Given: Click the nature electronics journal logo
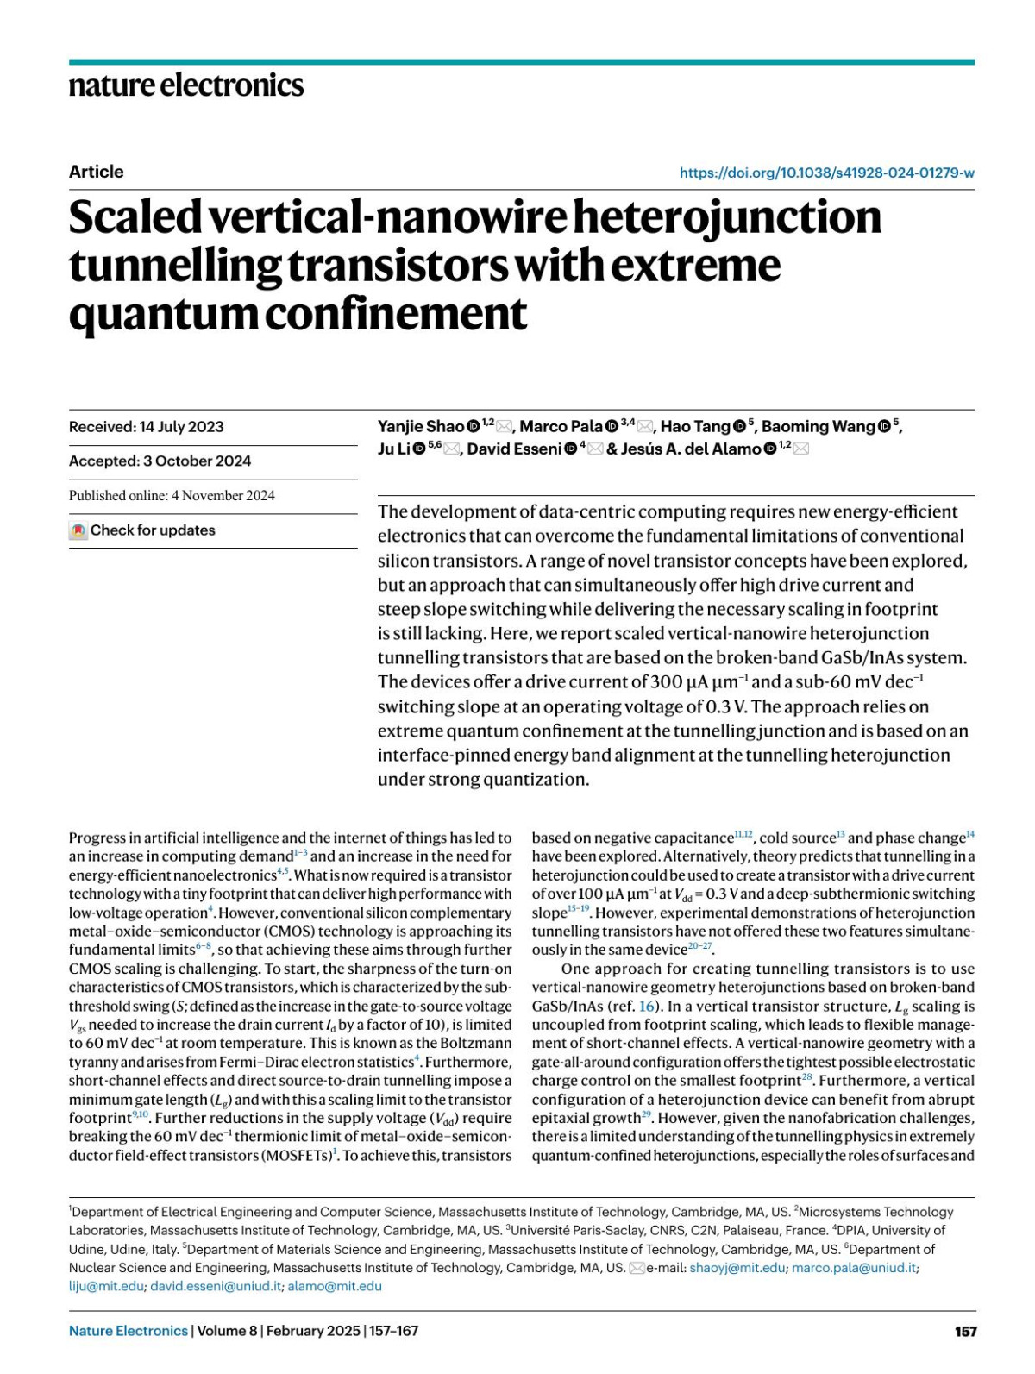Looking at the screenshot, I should [x=185, y=85].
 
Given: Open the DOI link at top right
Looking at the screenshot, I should [x=826, y=173].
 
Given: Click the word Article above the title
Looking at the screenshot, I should [x=96, y=172].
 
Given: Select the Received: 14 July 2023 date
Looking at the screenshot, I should [x=146, y=427].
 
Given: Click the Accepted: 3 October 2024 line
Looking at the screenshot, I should [x=160, y=461].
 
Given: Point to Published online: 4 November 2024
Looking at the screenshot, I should [x=172, y=495].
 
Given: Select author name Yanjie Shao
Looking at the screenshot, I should [x=421, y=426].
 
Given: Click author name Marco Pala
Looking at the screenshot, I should [x=561, y=426].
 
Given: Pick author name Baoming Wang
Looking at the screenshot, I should [x=818, y=426].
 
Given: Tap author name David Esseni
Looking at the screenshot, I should [x=514, y=449].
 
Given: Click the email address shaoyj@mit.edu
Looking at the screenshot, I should [x=737, y=1268].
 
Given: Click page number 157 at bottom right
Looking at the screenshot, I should [x=965, y=1331].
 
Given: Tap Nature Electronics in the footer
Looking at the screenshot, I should [x=128, y=1331].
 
